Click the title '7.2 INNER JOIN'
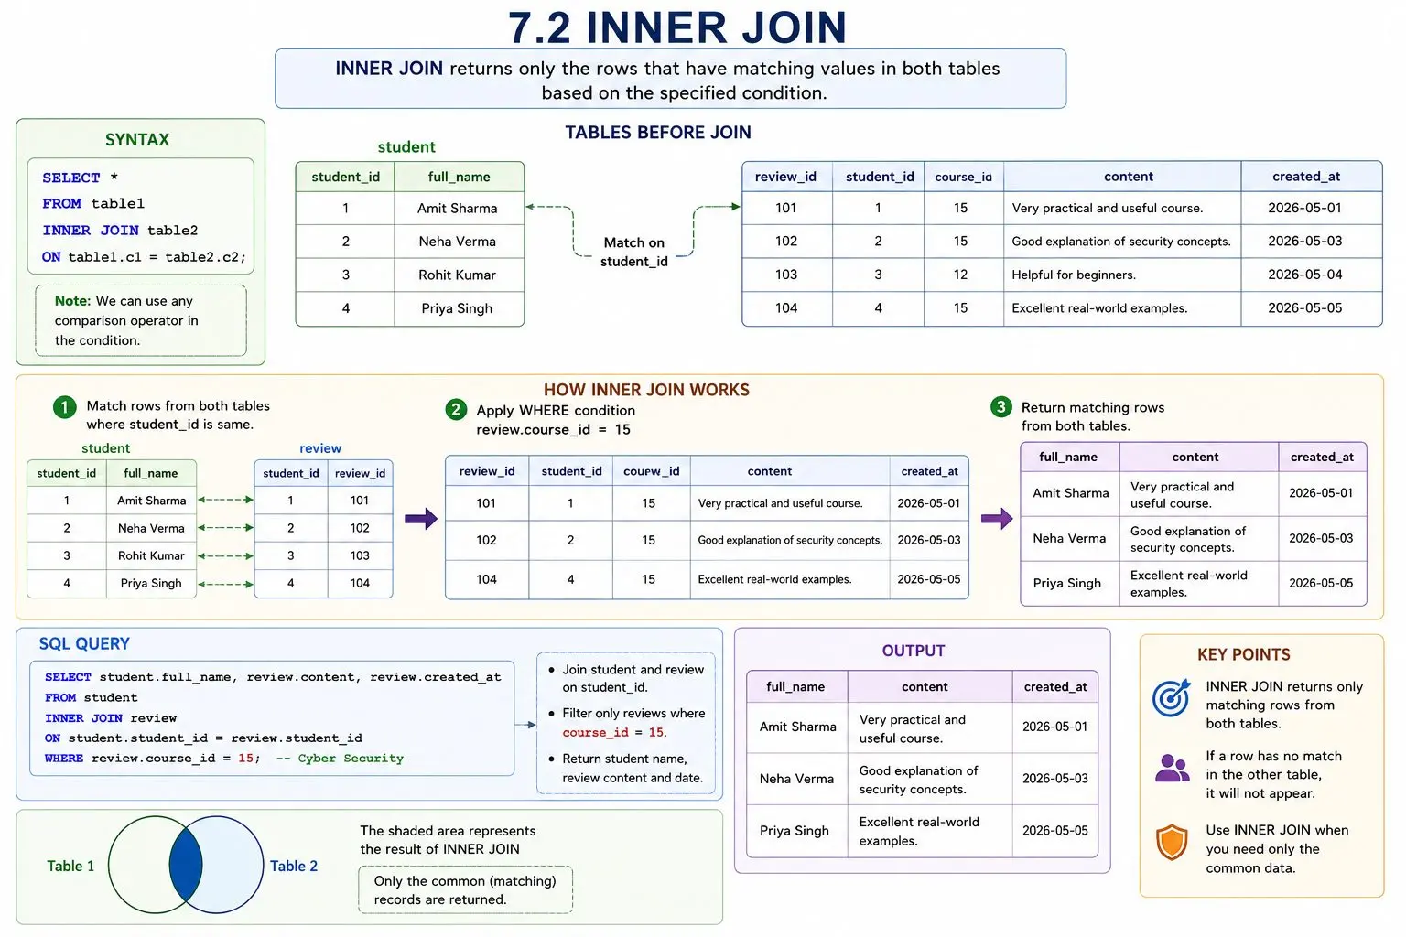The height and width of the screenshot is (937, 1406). (677, 27)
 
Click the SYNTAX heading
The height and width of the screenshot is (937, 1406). (136, 139)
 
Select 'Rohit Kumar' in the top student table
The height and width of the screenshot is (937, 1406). (457, 275)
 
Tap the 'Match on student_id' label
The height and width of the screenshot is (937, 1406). (634, 252)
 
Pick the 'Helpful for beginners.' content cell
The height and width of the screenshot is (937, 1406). (1074, 275)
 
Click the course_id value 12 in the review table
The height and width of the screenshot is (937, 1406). (960, 275)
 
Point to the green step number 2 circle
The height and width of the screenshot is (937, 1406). (457, 410)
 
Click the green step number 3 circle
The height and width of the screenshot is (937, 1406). (1001, 406)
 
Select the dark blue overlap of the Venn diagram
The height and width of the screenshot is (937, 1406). (186, 865)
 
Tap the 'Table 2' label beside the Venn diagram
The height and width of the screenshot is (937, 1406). (294, 866)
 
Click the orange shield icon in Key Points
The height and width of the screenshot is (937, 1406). (1172, 842)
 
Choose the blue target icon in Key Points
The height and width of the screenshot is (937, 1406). (1172, 697)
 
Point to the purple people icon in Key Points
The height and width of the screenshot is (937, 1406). (1172, 768)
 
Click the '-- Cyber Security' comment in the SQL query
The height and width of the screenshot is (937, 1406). (341, 759)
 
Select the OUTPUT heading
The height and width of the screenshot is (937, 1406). (914, 651)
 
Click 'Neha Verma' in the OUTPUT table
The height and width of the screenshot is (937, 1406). (796, 779)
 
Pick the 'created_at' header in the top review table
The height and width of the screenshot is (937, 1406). (1306, 177)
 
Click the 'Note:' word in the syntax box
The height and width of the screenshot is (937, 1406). (73, 301)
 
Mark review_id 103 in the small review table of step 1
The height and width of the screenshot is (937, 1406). (360, 555)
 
